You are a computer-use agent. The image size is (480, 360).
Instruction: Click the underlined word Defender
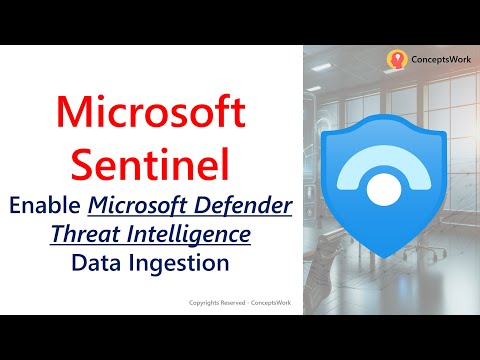pos(239,206)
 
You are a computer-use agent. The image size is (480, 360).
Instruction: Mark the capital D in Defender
pos(198,206)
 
